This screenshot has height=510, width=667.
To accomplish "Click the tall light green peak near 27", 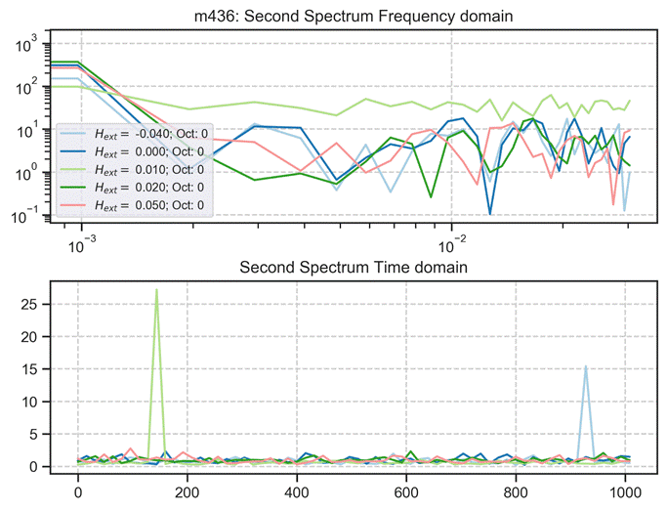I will coord(156,290).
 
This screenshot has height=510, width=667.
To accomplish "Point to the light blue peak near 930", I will coord(585,366).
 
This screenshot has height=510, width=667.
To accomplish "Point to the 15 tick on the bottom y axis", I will coord(27,368).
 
